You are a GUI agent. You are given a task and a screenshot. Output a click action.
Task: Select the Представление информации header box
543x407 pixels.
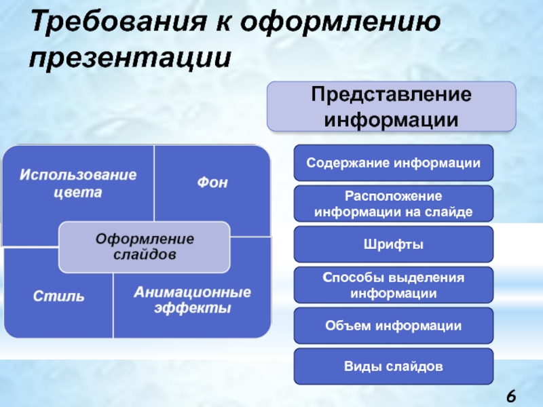(x=391, y=106)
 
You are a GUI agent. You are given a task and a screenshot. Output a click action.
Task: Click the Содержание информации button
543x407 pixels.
(x=393, y=163)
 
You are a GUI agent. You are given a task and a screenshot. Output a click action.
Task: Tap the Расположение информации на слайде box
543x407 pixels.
(x=393, y=203)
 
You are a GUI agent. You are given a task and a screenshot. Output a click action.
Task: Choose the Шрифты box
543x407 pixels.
(x=393, y=244)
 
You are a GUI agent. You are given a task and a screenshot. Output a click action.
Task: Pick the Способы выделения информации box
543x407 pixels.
(x=393, y=285)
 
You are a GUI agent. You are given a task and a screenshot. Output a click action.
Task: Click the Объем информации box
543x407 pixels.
(x=393, y=326)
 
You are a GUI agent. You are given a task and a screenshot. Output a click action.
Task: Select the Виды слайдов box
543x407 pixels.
(x=393, y=366)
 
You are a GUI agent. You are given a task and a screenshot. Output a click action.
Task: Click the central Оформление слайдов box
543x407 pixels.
(x=144, y=246)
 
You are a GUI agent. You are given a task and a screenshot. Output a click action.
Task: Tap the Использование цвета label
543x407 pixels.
(x=77, y=183)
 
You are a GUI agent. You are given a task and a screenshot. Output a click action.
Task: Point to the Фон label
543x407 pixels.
(x=212, y=182)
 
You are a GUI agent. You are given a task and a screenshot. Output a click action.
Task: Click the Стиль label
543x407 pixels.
(x=58, y=296)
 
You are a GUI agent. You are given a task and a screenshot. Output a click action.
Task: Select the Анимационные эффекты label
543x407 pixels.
(x=192, y=300)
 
